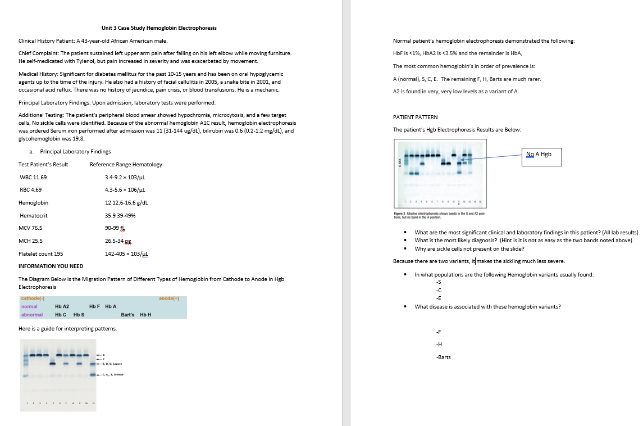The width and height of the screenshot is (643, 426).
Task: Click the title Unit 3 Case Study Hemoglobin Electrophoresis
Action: coord(159,28)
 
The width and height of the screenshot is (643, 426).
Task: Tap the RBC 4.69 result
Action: coord(30,189)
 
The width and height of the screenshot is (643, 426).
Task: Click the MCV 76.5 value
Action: coord(31,228)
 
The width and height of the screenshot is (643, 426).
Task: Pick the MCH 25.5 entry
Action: coord(31,241)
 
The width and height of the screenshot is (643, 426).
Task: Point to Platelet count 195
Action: coord(40,253)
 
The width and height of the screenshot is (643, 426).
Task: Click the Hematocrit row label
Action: coord(34,215)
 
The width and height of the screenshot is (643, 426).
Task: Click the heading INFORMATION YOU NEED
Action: coord(51,266)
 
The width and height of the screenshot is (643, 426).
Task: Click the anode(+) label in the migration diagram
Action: coord(168,298)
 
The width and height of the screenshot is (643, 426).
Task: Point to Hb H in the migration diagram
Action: coord(145,315)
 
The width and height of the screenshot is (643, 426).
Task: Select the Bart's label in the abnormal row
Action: coord(127,315)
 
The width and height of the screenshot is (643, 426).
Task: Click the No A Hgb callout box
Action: coord(542,157)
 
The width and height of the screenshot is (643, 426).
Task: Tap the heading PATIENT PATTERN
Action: coord(415,117)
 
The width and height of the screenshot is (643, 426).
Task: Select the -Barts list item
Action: coord(443,357)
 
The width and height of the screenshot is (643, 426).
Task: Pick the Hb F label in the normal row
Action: coord(94,306)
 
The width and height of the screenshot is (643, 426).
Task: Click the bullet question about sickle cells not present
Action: coord(469,248)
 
